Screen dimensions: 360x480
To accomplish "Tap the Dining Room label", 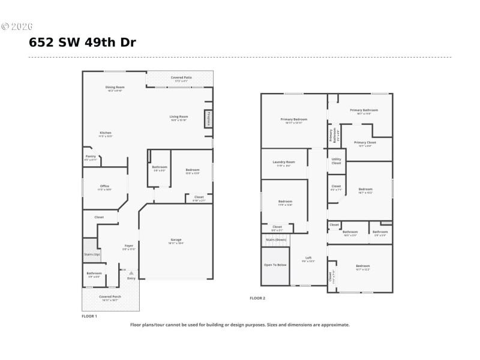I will (115, 88).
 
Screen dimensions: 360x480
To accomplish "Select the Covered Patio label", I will (181, 78).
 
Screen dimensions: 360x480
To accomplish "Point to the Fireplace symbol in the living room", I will (208, 118).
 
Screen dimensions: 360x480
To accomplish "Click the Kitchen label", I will (106, 133).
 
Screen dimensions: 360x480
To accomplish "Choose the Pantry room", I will (91, 157).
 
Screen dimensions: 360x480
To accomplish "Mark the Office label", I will (105, 187).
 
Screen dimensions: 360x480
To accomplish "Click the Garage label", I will (176, 239).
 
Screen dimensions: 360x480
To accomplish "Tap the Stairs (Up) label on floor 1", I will (92, 254).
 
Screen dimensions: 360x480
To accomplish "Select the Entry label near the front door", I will (131, 278).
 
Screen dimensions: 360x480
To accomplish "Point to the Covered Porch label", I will (110, 297).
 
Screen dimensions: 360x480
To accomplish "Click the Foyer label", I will (129, 245).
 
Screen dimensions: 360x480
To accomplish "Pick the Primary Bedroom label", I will (294, 119).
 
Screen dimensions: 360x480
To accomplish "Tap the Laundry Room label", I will (284, 162).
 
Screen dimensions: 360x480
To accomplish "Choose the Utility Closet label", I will (336, 161).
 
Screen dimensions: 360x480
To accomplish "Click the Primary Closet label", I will (365, 143).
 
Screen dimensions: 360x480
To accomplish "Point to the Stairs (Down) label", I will (276, 239).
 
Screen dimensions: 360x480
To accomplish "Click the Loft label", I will (308, 258).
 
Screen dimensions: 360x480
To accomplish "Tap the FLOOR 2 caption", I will (257, 298).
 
